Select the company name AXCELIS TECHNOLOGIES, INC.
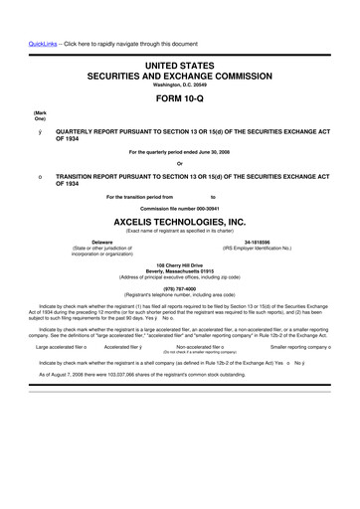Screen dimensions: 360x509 [x=180, y=222]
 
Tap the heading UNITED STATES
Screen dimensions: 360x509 [x=180, y=64]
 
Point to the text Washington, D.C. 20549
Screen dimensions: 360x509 [x=180, y=85]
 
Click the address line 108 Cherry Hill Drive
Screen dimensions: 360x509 [x=180, y=265]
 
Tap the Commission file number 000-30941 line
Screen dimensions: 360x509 [x=180, y=208]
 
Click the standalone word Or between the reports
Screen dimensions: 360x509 [x=180, y=164]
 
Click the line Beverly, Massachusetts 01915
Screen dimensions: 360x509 [x=180, y=271]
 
